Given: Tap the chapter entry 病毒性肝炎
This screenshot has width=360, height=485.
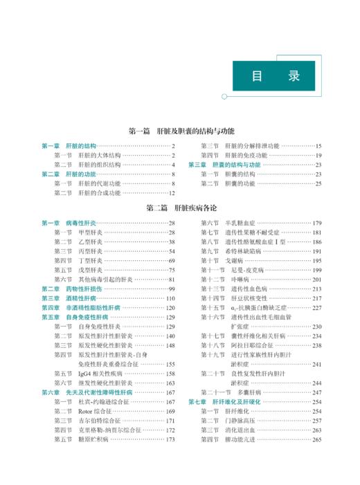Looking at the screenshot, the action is coord(81,223).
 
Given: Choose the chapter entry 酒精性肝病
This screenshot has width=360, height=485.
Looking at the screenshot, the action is coord(81,298).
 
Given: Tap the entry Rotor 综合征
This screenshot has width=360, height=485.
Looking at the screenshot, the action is coord(95,411).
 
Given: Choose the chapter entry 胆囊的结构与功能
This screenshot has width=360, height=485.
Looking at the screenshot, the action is coord(236,165).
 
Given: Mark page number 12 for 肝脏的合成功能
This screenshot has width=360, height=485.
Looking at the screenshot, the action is coord(172,193).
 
